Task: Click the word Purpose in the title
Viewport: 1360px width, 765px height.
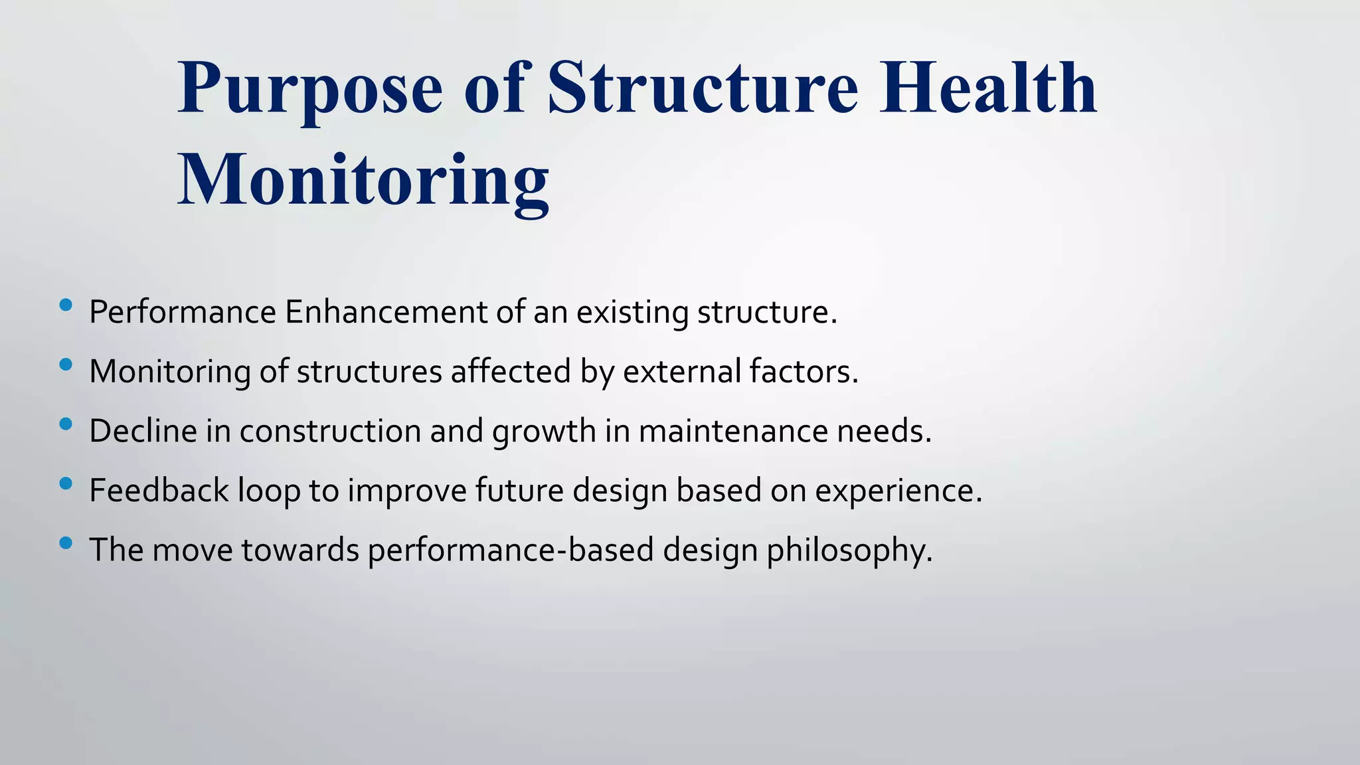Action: (x=309, y=90)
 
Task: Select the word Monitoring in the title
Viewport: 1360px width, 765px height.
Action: (x=363, y=181)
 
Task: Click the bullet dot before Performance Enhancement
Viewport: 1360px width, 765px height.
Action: (x=65, y=305)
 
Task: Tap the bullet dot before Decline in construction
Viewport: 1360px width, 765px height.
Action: (x=65, y=424)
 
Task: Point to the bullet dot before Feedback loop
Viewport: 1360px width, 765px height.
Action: (x=65, y=483)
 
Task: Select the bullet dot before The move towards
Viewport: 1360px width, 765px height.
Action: (x=65, y=543)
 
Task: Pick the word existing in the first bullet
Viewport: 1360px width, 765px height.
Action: (x=632, y=312)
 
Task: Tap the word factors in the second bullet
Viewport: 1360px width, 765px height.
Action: (x=804, y=371)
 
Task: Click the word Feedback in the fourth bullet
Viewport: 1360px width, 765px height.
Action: (x=159, y=491)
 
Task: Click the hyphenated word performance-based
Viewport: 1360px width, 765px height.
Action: (x=511, y=551)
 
